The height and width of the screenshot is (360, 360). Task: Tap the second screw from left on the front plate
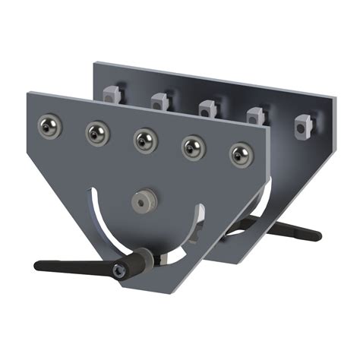tap(96, 133)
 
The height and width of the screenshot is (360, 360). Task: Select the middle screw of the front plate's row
tap(145, 139)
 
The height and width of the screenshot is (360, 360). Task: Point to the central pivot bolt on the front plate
tap(141, 201)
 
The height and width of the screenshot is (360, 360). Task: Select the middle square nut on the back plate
tap(207, 108)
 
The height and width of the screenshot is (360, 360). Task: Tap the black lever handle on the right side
tap(292, 231)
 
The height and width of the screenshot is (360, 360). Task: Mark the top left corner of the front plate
tap(28, 94)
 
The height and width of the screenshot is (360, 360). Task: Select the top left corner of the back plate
tap(95, 63)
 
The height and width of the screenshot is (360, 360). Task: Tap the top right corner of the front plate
tap(268, 126)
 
